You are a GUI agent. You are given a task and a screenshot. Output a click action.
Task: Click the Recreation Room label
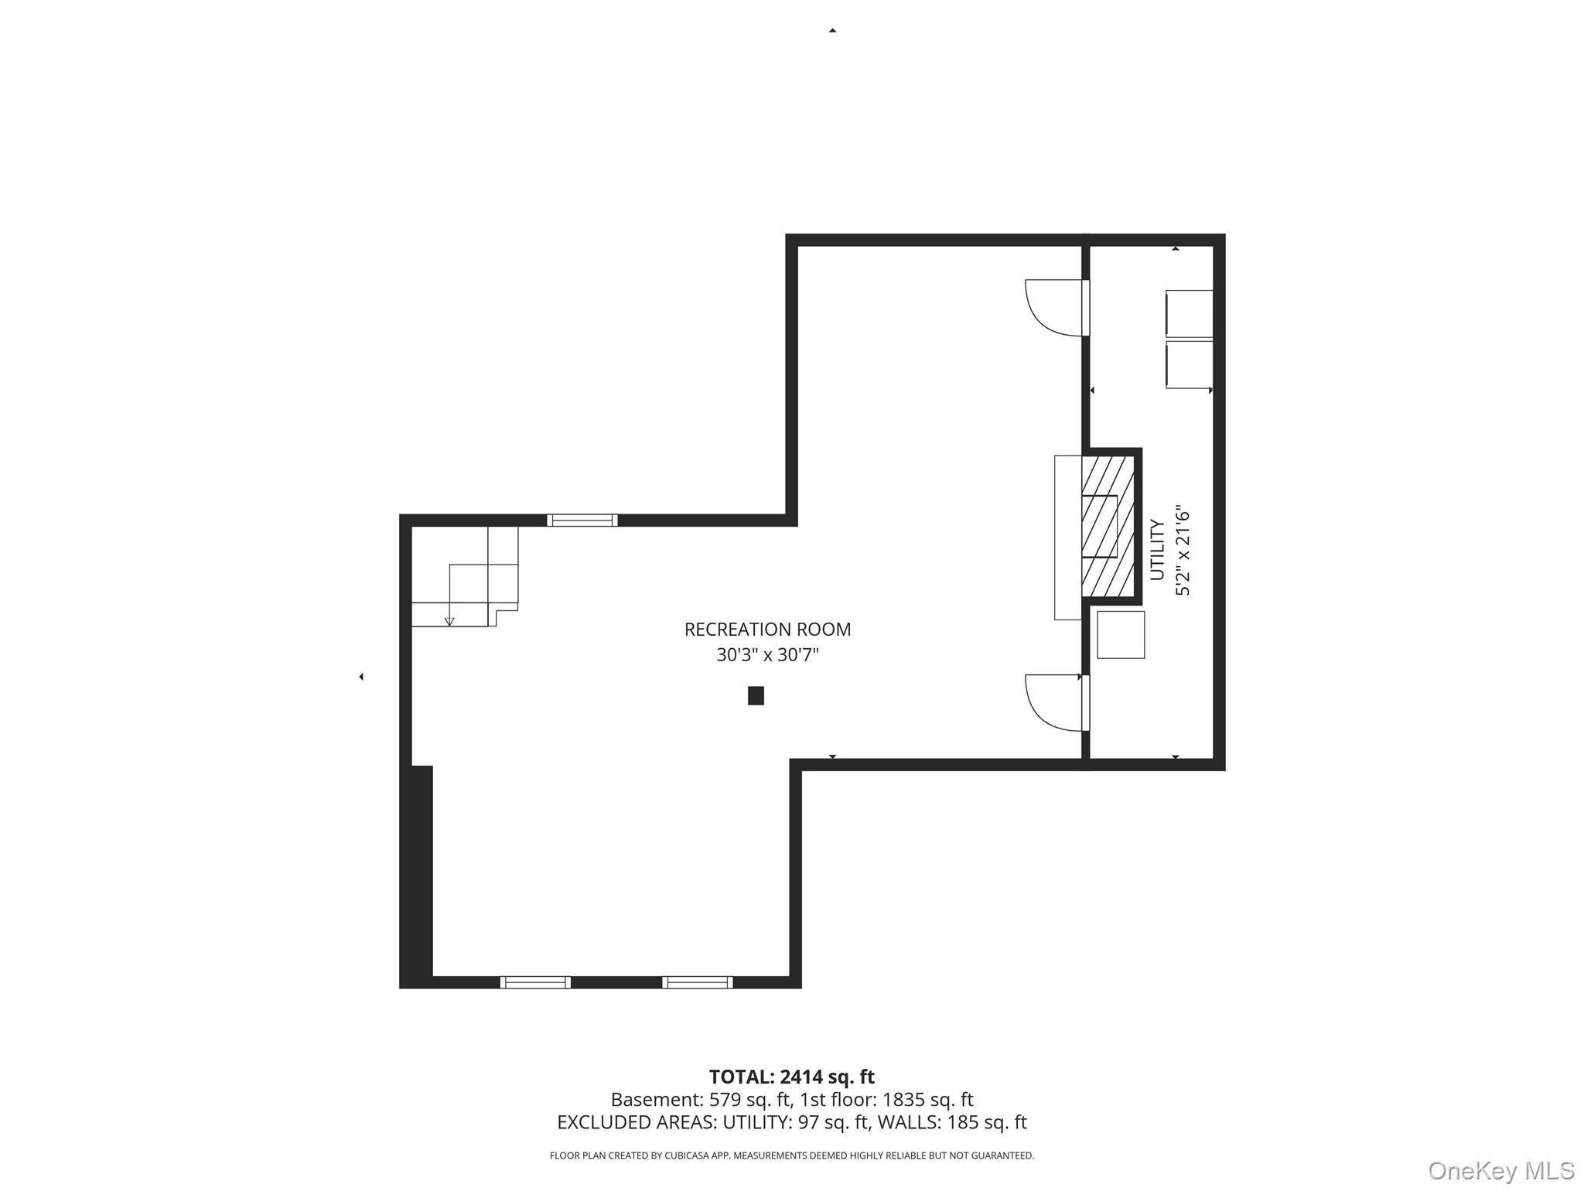(767, 630)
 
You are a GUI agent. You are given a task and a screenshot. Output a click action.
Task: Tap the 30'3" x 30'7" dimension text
(767, 655)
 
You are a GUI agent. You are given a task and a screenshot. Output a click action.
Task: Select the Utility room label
(1157, 550)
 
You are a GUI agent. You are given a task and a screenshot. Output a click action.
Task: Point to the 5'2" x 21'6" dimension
(1183, 550)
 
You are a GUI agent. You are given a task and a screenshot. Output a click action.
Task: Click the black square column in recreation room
(756, 695)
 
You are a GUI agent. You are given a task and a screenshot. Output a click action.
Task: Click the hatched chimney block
(1108, 527)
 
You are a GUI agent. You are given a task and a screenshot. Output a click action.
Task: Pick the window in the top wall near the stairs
(582, 521)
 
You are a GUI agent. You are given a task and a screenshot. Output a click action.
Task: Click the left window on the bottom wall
(535, 982)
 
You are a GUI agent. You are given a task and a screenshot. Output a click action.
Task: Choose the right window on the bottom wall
(698, 982)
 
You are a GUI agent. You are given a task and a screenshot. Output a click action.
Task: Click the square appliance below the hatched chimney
(1121, 635)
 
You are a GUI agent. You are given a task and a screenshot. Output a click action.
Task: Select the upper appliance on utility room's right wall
(1190, 314)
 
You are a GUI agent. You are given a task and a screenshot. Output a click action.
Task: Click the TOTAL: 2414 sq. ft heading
(791, 1077)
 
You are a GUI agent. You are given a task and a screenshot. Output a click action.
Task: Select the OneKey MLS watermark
(1501, 1170)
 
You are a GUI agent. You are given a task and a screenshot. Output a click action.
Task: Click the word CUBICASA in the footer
(686, 1156)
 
